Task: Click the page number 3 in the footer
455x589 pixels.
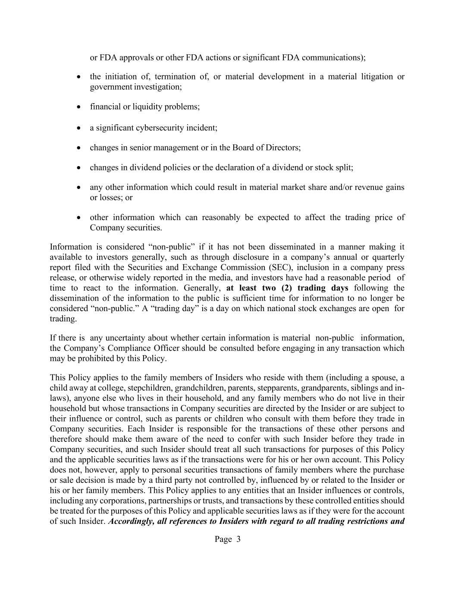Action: (238, 539)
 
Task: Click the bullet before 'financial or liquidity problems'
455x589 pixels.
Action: (78, 107)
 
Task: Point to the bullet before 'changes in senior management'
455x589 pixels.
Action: (78, 148)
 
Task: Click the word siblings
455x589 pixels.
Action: (369, 387)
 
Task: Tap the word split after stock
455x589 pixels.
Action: (343, 167)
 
